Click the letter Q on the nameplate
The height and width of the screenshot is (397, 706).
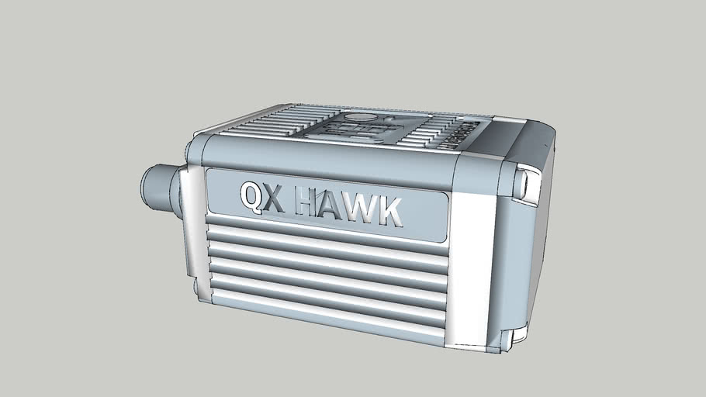pos(252,198)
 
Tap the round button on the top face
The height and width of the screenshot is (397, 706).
pos(358,118)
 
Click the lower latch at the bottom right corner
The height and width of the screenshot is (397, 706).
pos(508,339)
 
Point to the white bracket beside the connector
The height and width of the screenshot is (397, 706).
pos(194,233)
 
